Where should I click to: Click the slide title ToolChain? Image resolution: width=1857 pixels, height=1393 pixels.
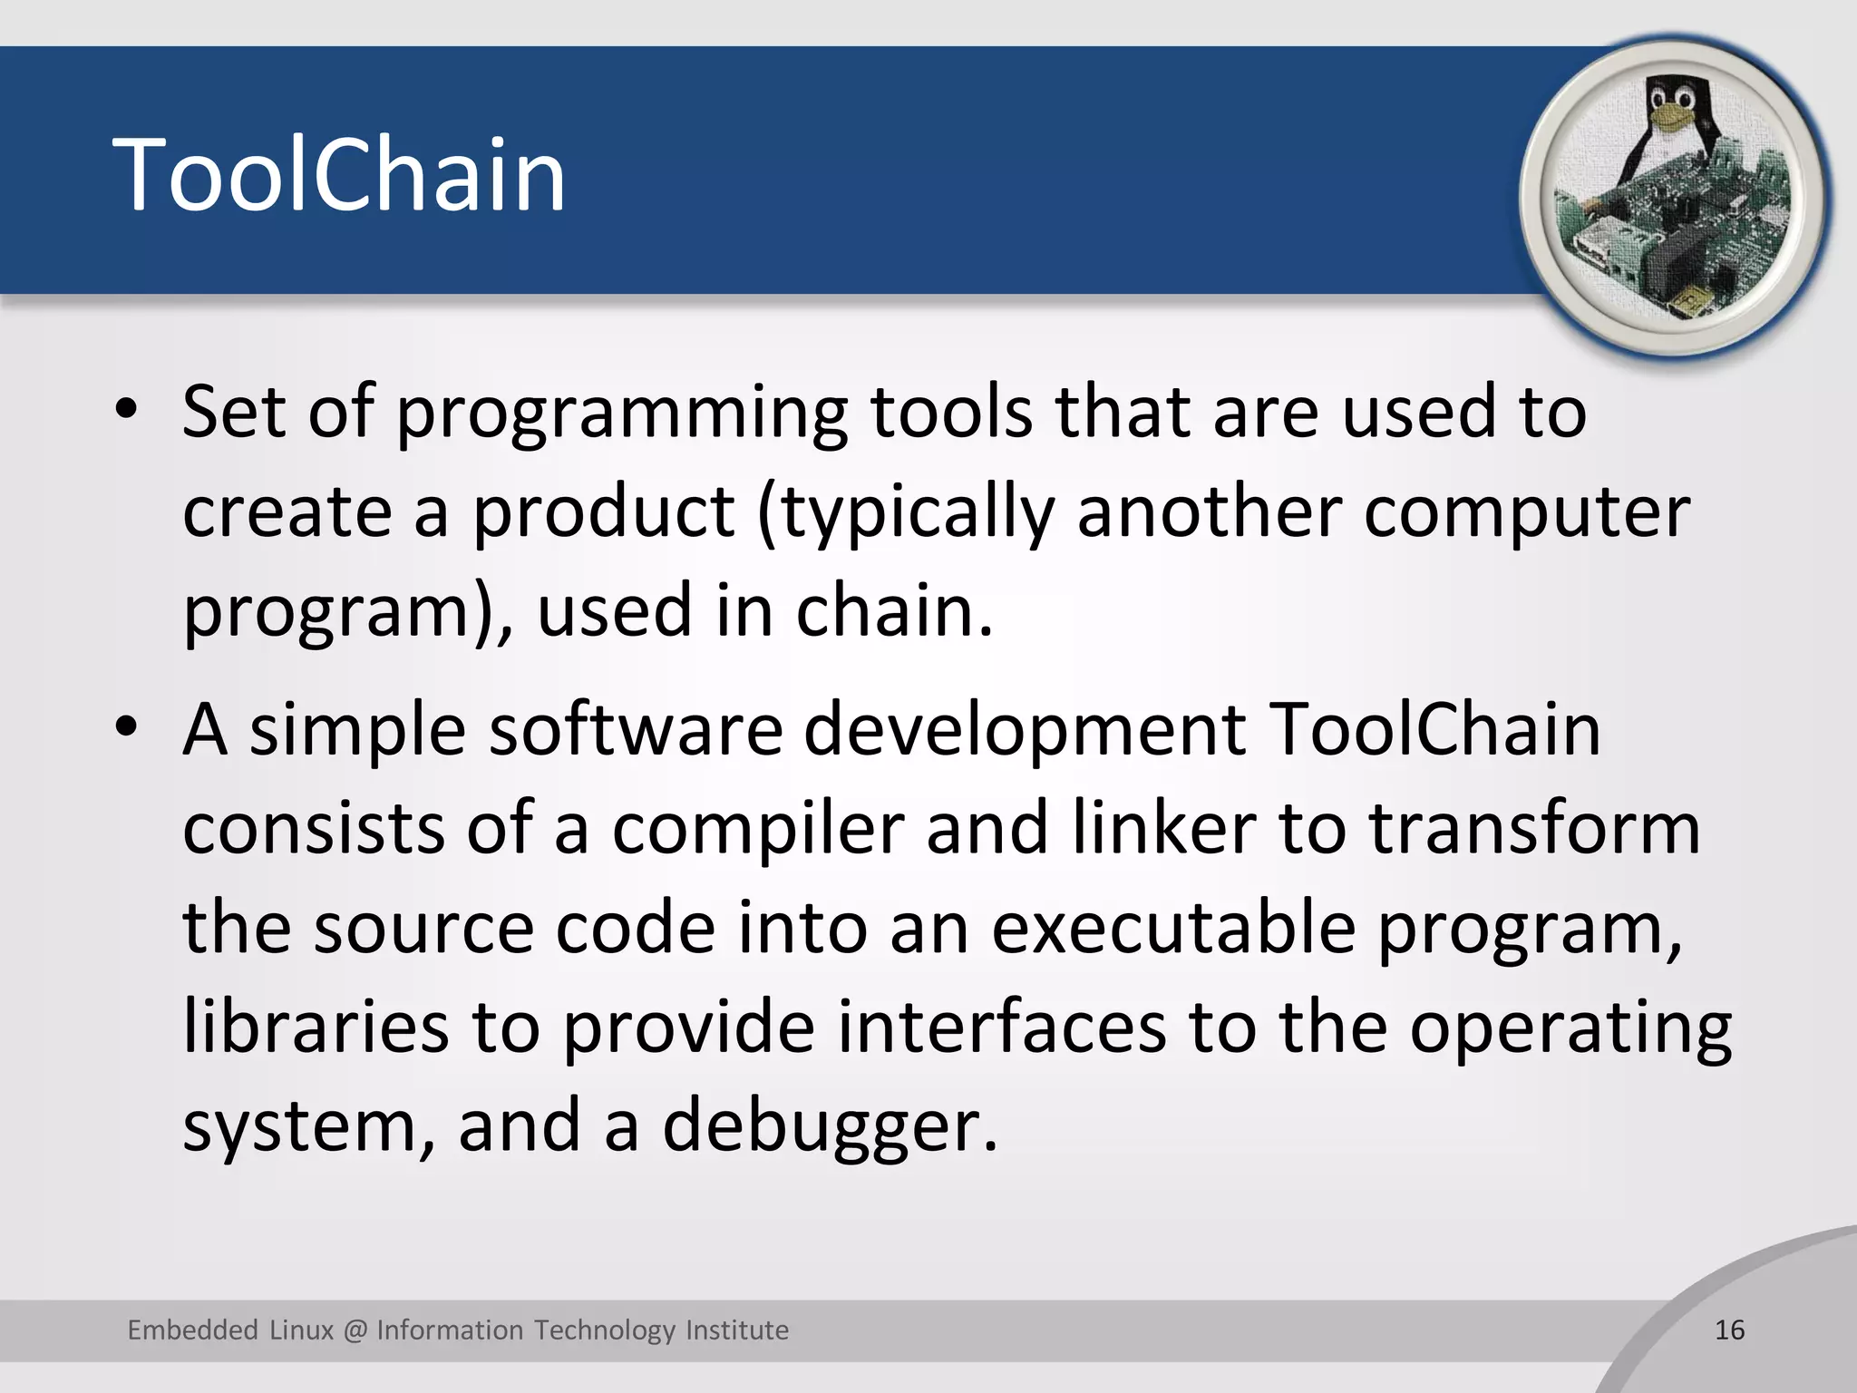pos(339,174)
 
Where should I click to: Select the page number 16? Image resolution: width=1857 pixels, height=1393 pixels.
pos(1729,1330)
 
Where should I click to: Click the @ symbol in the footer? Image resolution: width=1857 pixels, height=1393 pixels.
pos(355,1330)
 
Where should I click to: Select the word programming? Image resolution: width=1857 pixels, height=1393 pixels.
pos(622,414)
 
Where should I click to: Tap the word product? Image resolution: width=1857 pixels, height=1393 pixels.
pos(604,512)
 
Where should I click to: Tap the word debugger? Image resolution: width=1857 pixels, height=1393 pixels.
pos(829,1126)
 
